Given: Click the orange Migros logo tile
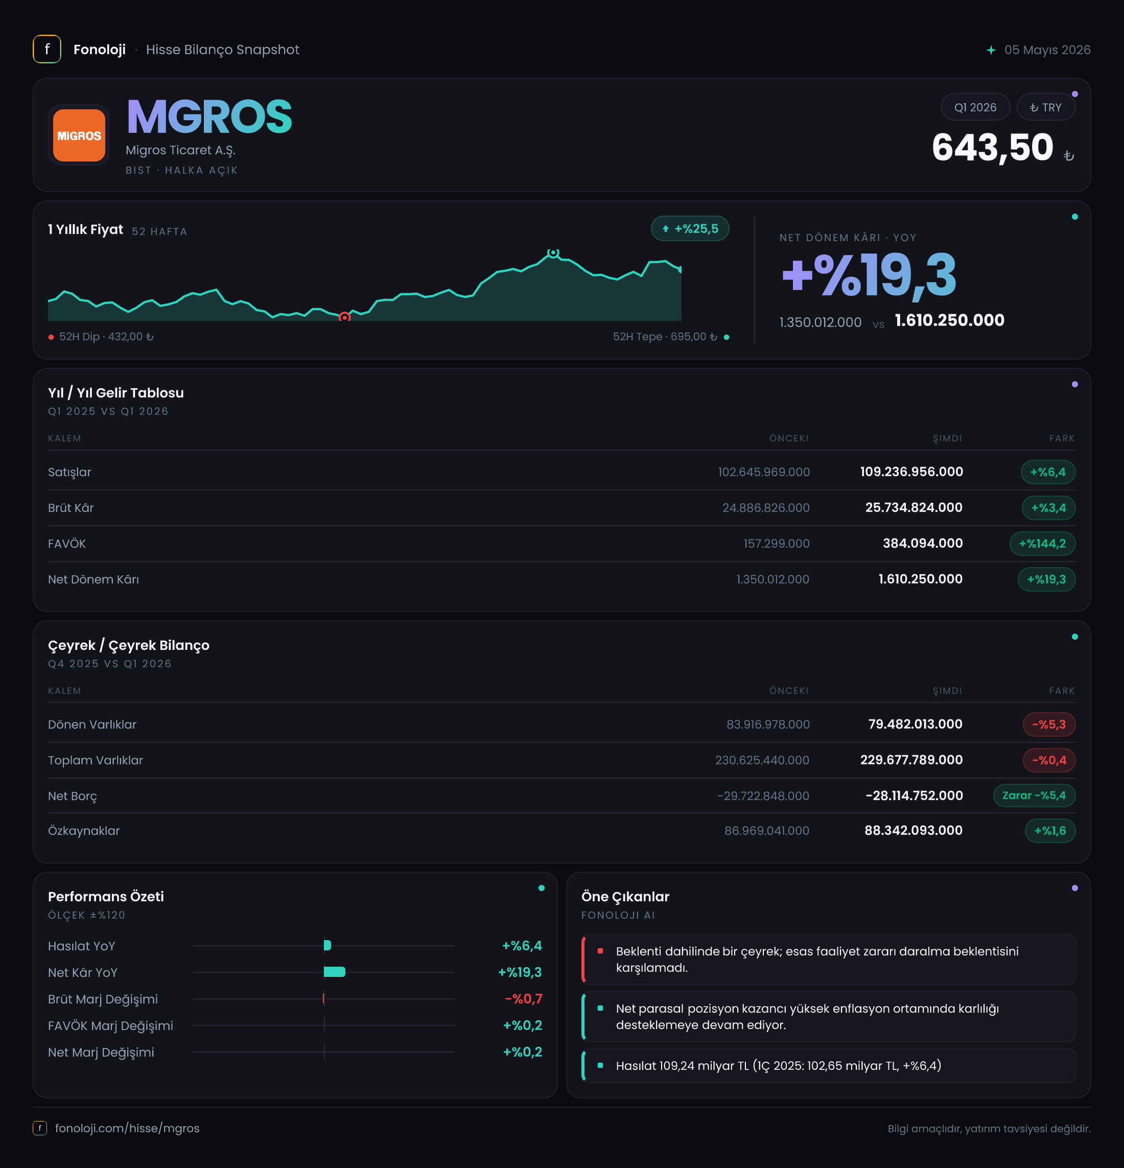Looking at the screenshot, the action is tap(79, 135).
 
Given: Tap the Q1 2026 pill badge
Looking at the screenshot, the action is tap(975, 107).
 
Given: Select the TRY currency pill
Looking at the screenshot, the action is tap(1045, 107).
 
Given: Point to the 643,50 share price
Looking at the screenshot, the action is tap(992, 147).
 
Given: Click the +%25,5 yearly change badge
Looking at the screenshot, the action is tap(690, 229).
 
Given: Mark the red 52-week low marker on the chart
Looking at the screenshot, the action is tap(344, 317).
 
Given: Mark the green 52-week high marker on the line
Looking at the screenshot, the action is tap(553, 253).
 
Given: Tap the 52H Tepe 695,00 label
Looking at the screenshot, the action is tap(665, 337).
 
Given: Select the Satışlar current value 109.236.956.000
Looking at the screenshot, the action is tap(911, 472).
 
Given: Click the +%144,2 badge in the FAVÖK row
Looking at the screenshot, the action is tap(1042, 544).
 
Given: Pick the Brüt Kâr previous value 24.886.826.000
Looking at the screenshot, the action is tap(766, 508).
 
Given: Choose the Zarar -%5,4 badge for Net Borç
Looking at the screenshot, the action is tap(1034, 796).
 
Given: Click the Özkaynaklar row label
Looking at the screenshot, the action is tap(84, 831).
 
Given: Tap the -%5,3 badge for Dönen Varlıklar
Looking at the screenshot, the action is tap(1049, 725).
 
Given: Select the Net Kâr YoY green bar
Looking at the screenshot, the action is tap(334, 972).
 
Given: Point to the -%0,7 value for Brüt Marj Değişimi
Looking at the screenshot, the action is tap(523, 999).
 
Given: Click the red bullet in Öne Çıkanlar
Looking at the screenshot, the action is tap(600, 951).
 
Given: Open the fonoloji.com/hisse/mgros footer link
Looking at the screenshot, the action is tap(127, 1128).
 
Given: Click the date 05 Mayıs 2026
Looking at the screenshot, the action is tap(1047, 50).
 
